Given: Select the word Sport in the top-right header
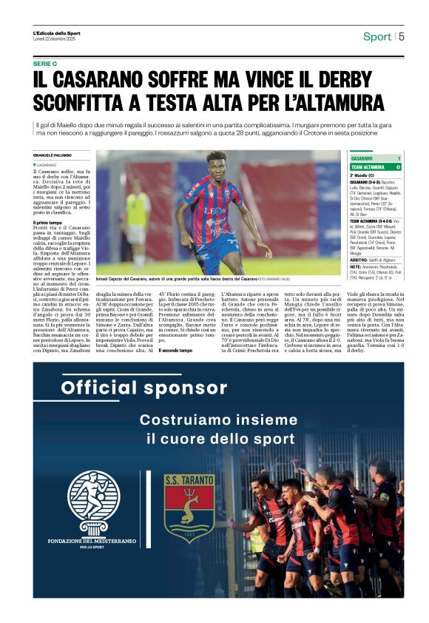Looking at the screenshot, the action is click(377, 37).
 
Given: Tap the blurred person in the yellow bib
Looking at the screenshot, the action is click(137, 215).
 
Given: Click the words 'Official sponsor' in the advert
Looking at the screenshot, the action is click(144, 388).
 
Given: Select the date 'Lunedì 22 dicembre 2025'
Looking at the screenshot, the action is click(55, 38).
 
